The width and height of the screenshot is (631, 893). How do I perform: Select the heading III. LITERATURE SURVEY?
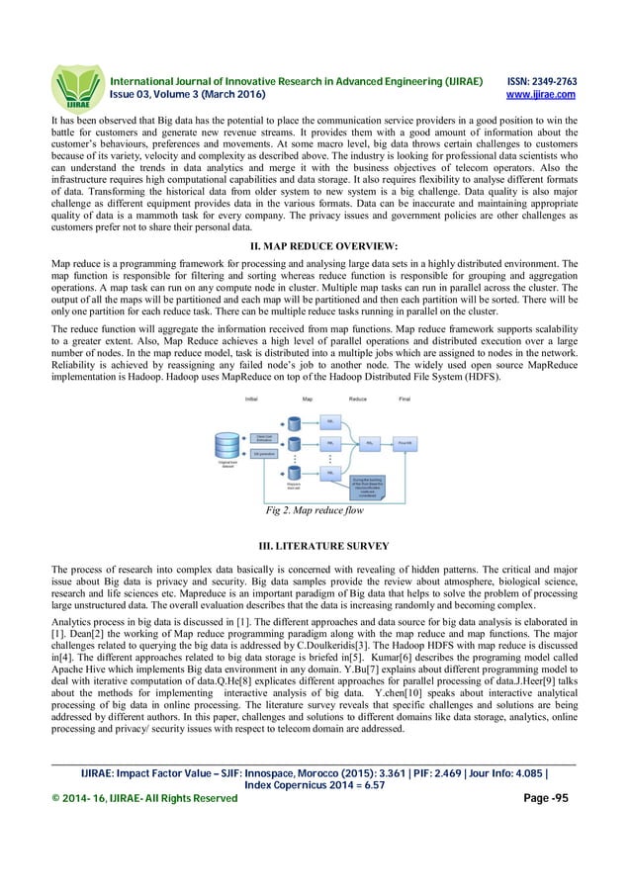(315, 545)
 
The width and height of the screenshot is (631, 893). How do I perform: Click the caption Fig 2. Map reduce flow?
(315, 511)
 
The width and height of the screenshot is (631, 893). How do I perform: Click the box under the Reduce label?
(369, 443)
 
